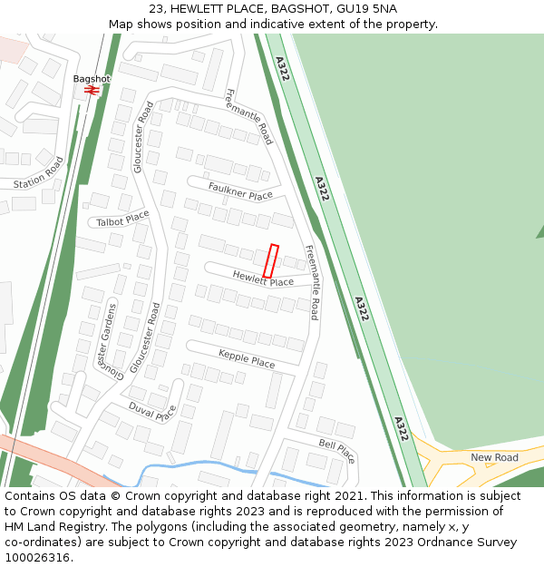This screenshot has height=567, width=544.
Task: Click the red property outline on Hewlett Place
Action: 270,260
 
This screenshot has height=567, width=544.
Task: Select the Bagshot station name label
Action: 92,79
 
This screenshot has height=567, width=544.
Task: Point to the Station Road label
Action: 39,173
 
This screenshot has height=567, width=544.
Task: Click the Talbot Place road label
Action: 122,218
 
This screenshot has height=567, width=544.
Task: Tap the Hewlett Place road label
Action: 263,279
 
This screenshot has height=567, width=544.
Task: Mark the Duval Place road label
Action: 152,412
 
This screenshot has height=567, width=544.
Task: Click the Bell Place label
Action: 336,446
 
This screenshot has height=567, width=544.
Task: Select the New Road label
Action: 494,457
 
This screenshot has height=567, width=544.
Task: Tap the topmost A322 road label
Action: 283,69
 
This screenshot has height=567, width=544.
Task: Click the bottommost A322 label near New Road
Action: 399,428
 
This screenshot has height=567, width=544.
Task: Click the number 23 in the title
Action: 155,9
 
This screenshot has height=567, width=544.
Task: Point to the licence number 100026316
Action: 37,557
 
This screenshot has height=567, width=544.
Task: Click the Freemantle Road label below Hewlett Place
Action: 311,282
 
